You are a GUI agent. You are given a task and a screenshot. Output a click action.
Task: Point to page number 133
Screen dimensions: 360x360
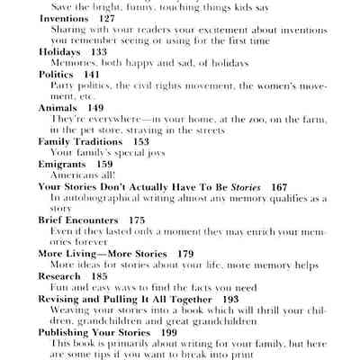coord(98,52)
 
